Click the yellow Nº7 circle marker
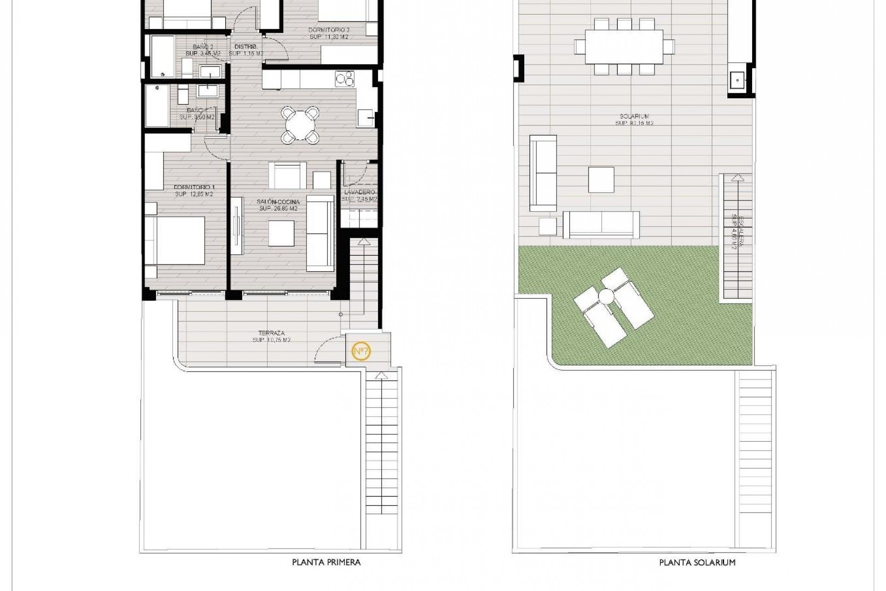click(361, 351)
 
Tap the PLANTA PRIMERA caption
click(326, 562)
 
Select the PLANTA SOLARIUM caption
click(697, 562)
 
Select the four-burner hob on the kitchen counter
click(345, 79)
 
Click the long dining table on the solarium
click(624, 47)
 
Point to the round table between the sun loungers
click(605, 295)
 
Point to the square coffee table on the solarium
click(601, 180)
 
